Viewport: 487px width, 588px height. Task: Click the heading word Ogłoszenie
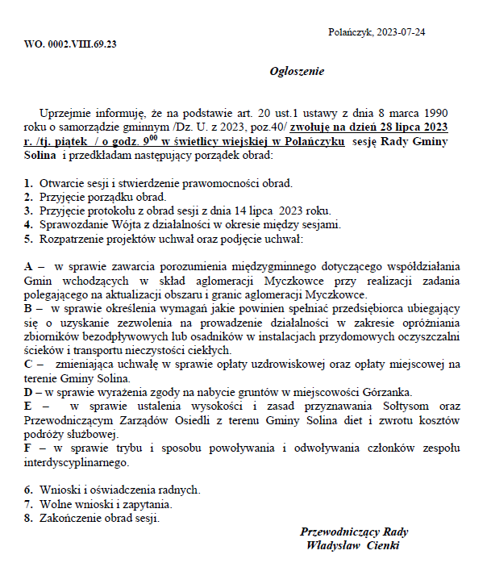tap(298, 71)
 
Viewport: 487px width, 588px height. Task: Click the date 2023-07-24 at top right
tap(399, 31)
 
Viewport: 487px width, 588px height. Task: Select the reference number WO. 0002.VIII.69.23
tap(70, 44)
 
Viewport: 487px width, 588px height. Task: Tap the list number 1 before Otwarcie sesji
tap(27, 183)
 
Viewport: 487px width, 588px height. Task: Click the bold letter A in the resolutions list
tap(29, 265)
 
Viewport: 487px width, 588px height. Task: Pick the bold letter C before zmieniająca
tap(29, 364)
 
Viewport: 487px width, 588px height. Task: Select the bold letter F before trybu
tap(28, 448)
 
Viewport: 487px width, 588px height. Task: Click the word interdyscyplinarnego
tap(77, 462)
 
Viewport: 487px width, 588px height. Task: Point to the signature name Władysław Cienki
tap(353, 545)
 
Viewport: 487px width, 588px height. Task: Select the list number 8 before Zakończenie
tap(27, 517)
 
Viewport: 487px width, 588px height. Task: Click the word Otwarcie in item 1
tap(60, 183)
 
